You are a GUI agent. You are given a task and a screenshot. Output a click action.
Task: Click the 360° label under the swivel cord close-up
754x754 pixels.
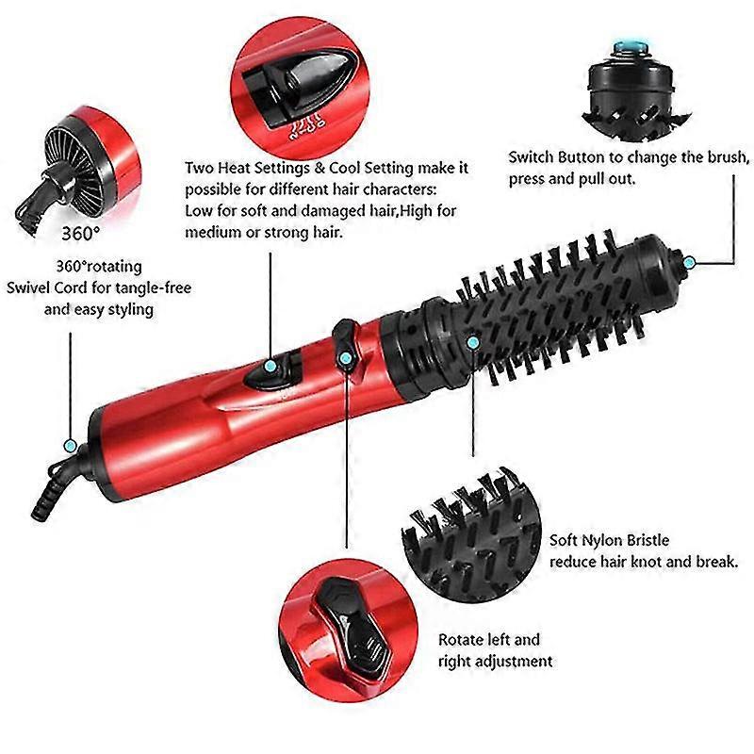81,233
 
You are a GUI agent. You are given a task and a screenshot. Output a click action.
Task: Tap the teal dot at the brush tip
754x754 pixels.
689,263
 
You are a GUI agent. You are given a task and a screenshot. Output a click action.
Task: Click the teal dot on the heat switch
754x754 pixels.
270,366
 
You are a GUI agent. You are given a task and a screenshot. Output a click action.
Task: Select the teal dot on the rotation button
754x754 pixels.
345,358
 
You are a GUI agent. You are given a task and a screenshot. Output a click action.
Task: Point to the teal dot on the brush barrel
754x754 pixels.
473,343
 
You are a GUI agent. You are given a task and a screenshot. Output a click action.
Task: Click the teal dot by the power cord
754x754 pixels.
70,446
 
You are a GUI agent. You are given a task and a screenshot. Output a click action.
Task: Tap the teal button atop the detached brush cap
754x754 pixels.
631,46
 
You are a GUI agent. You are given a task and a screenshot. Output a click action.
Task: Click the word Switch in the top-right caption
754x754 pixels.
532,157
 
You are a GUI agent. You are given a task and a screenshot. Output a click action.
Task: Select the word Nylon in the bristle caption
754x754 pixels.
600,540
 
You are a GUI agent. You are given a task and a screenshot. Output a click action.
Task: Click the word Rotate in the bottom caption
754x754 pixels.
461,640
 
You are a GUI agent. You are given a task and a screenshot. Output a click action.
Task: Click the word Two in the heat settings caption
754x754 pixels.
199,168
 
